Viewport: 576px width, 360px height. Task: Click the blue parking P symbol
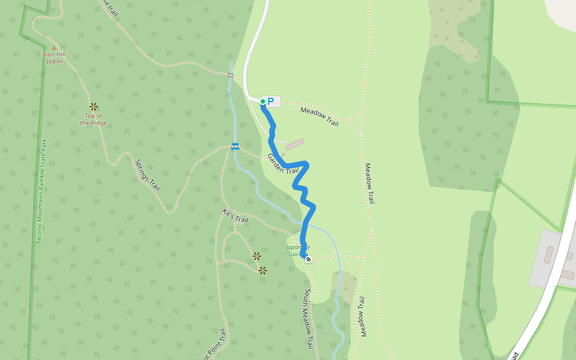tap(271, 101)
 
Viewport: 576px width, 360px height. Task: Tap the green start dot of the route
tap(263, 101)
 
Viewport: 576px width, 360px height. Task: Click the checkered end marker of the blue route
tap(308, 259)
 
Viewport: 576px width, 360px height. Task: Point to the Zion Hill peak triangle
tap(54, 47)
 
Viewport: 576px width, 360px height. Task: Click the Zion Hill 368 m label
tap(53, 58)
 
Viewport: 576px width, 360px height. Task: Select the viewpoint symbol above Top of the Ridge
tap(94, 106)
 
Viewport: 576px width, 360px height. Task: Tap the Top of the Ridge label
tap(94, 119)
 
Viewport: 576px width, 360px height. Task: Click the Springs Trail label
tap(148, 175)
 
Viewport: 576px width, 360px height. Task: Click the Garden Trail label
tap(283, 164)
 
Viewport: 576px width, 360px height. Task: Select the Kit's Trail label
tap(235, 216)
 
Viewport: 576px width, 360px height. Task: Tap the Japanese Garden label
tap(298, 250)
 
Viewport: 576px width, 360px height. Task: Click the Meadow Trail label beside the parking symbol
tap(319, 115)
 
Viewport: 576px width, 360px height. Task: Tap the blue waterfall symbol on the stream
tap(235, 146)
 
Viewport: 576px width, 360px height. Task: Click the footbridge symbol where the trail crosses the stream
tap(230, 75)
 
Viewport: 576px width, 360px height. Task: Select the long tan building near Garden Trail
tap(295, 145)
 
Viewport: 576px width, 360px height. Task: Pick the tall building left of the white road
tap(549, 254)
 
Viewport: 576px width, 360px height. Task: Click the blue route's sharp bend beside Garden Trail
tap(307, 163)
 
